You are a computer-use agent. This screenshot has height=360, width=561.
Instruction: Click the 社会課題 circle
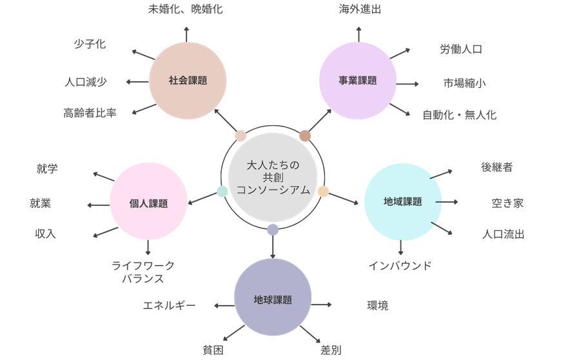187,81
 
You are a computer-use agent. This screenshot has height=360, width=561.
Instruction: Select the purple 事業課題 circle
357,81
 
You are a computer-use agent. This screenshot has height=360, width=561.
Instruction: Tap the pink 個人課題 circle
148,203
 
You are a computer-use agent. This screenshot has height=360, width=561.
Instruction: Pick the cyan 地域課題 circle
403,201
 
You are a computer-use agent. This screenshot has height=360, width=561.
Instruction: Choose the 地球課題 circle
273,299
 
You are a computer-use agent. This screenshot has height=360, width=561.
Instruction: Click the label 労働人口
461,49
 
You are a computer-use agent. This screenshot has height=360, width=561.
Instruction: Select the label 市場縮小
465,83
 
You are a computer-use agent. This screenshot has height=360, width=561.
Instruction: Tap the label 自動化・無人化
460,115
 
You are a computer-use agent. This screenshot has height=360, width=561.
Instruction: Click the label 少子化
90,45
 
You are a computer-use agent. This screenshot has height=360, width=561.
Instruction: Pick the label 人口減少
86,82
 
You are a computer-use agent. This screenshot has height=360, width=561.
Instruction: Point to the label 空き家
507,203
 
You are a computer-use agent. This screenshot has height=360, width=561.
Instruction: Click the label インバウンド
400,265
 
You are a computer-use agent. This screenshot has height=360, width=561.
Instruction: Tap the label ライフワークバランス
143,272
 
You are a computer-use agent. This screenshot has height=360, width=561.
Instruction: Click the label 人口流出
503,234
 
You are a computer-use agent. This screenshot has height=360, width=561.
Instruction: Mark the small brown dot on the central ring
305,135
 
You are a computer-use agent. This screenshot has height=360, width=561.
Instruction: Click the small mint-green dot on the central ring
222,191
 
